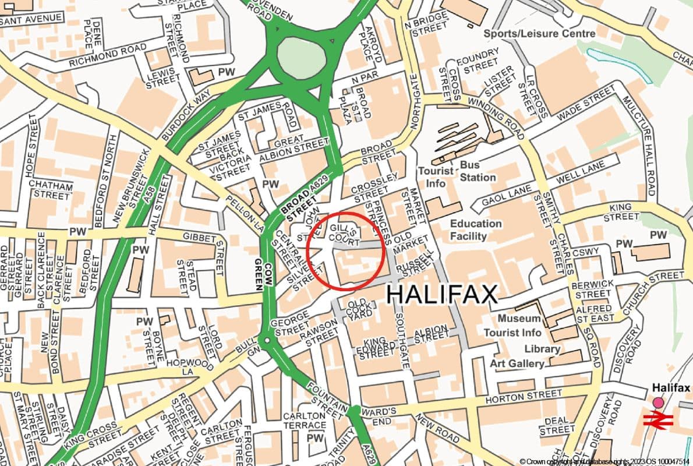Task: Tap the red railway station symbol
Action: (658, 419)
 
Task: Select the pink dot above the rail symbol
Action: (658, 403)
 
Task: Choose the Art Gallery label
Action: (517, 363)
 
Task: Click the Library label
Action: (542, 348)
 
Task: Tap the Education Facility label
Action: (476, 230)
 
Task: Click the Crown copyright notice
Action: (605, 460)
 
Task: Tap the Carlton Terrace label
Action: (304, 421)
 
